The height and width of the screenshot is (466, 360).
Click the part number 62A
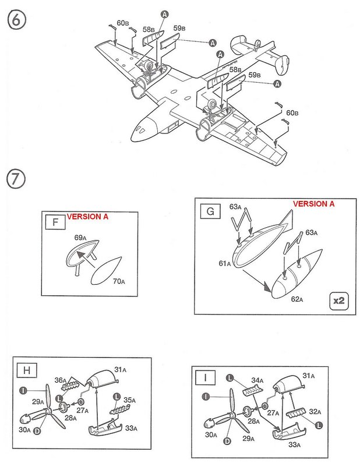tap(298, 299)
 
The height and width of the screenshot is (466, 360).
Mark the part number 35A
tap(130, 400)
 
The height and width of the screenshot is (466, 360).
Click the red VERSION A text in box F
tap(88, 216)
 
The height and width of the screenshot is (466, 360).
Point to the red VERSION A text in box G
tap(313, 204)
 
